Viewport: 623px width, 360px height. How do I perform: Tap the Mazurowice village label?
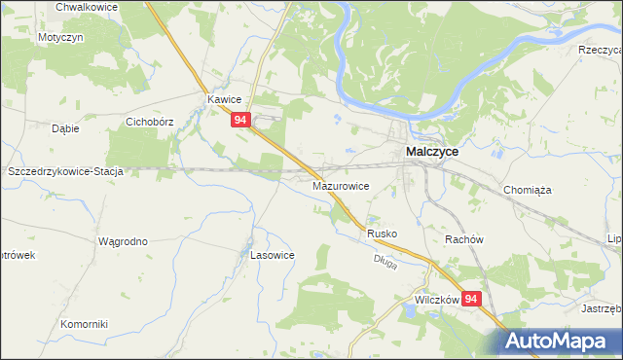tap(340, 185)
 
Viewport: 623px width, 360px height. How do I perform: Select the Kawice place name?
tap(223, 100)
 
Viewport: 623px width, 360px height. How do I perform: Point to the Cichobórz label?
tap(150, 124)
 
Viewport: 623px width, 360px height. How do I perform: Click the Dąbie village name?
tap(65, 127)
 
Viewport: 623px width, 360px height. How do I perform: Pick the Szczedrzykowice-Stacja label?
tap(65, 171)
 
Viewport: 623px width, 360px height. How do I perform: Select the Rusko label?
tap(384, 234)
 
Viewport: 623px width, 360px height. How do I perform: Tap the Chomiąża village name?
tap(528, 191)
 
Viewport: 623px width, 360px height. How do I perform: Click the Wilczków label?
tap(435, 301)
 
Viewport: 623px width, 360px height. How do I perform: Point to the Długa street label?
tap(385, 263)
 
